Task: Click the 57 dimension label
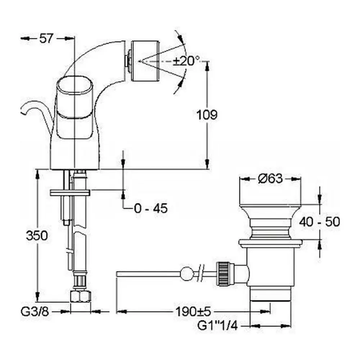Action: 46,39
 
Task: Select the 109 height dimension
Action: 207,115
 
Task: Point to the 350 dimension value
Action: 37,235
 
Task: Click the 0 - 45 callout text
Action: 151,208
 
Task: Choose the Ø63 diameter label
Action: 270,179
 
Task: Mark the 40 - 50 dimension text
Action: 319,222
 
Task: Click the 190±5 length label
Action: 193,311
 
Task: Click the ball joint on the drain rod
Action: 186,274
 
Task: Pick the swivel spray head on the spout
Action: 145,61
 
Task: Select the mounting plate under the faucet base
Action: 70,193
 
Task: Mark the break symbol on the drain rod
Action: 201,273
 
